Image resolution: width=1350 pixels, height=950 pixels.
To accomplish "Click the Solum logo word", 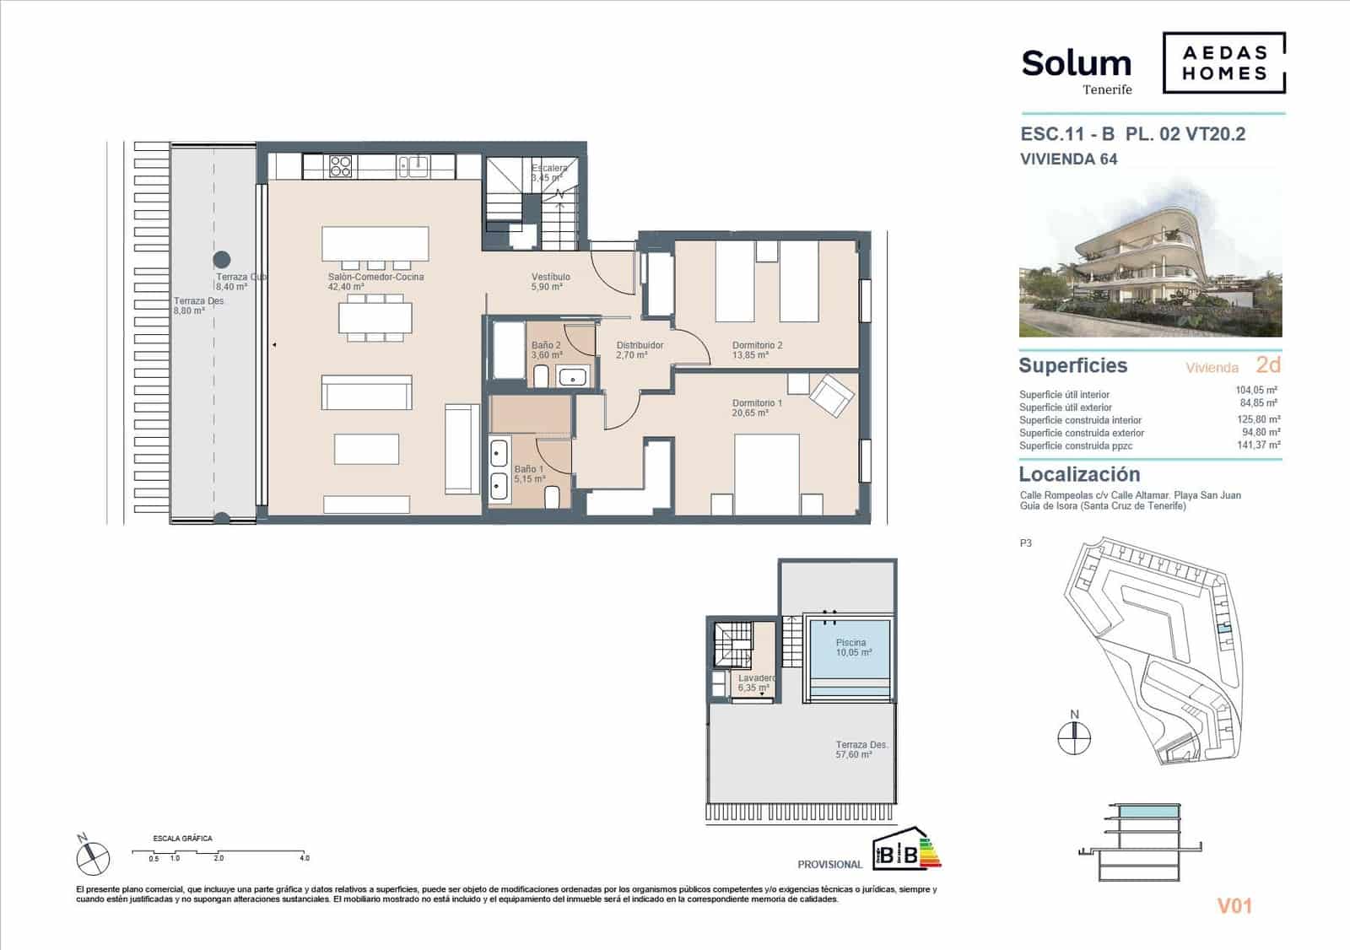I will click(x=1076, y=63).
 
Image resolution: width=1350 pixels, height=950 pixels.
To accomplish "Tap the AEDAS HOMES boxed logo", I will click(x=1223, y=62).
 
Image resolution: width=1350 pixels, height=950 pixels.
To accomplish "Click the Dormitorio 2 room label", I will click(x=757, y=345).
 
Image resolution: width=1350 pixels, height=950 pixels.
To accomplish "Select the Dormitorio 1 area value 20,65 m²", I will click(x=750, y=413).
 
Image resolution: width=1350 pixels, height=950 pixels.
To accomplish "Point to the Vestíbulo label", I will click(x=550, y=277).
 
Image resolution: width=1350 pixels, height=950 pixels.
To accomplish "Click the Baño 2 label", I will click(x=546, y=345).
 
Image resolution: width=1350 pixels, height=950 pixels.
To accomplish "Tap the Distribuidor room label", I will click(x=640, y=345).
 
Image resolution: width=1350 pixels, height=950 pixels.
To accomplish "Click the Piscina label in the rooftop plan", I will click(x=850, y=643).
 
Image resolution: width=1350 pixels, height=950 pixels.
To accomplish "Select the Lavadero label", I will click(x=756, y=678).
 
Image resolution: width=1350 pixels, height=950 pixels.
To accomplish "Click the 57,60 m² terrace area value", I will click(x=854, y=755).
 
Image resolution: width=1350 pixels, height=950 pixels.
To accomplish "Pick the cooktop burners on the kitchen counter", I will click(x=340, y=165).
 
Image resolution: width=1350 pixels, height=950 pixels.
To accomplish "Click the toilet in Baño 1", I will click(x=553, y=498).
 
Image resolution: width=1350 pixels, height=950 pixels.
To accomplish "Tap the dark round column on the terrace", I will click(x=221, y=259).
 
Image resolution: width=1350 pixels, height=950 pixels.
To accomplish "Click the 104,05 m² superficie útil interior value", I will click(x=1255, y=391).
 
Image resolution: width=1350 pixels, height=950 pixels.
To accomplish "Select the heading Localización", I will click(x=1079, y=474).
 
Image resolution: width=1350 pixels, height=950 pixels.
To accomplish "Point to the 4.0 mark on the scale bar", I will click(x=304, y=858).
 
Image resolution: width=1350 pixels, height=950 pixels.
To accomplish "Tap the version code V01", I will click(x=1234, y=906).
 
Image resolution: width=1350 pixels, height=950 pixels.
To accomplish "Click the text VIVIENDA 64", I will click(x=1068, y=159).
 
